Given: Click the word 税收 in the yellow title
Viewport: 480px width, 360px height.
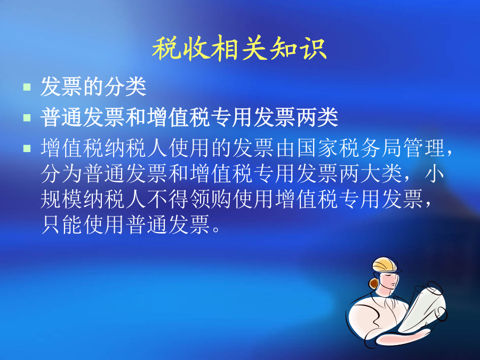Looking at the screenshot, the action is click(x=181, y=48).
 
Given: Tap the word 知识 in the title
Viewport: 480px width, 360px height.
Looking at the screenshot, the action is click(x=298, y=48).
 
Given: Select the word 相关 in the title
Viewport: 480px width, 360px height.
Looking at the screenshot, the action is click(x=239, y=48).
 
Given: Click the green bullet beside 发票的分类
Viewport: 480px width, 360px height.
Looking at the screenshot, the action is click(x=27, y=87).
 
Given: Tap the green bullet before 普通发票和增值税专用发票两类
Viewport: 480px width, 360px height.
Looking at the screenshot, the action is click(x=27, y=117).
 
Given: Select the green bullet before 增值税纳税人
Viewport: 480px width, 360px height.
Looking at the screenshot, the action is click(x=27, y=148).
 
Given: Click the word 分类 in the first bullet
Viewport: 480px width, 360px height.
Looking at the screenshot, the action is click(x=125, y=86).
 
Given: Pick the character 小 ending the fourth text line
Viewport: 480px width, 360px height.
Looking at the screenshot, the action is click(x=435, y=173).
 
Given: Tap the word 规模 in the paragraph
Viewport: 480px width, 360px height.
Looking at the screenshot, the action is click(x=61, y=199).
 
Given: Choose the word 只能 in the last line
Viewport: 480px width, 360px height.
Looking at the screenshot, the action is click(x=61, y=225).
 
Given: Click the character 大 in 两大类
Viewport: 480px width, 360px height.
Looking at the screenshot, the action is click(x=371, y=173).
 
